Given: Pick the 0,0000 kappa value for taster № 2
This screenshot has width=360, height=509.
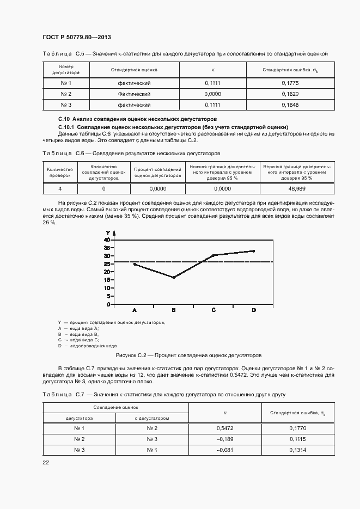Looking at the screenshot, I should (212, 94).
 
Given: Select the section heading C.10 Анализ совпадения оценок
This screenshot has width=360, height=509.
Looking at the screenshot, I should (137, 118).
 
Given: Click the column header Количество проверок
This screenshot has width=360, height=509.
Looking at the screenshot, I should (60, 173).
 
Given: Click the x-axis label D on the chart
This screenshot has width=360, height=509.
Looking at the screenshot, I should (254, 310).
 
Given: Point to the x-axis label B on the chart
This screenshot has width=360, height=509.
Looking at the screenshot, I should (174, 310).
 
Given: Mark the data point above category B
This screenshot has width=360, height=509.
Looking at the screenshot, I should (174, 278).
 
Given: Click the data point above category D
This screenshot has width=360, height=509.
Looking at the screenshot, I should (254, 251).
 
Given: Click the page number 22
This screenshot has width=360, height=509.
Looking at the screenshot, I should (46, 462).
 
